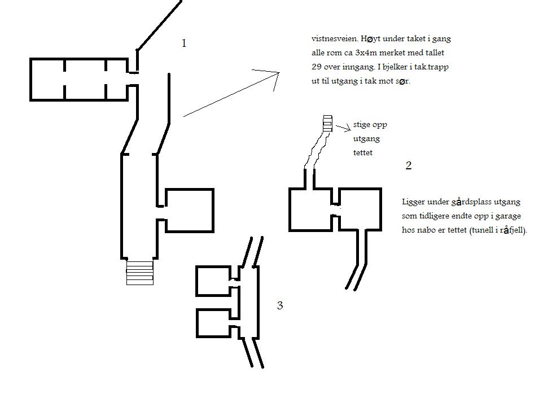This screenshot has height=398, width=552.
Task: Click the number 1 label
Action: click(184, 43)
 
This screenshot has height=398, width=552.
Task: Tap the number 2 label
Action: click(409, 165)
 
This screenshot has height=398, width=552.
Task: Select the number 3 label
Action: click(279, 306)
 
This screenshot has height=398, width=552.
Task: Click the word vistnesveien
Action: click(334, 40)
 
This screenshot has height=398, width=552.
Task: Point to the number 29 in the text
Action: click(317, 67)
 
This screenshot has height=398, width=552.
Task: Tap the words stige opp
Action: click(370, 125)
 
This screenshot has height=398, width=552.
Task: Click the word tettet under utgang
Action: click(363, 152)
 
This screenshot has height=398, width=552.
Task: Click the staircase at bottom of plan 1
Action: click(139, 272)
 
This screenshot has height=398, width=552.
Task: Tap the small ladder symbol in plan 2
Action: click(327, 123)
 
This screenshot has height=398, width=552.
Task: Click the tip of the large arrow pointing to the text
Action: click(279, 73)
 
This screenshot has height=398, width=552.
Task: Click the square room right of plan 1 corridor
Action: click(189, 211)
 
